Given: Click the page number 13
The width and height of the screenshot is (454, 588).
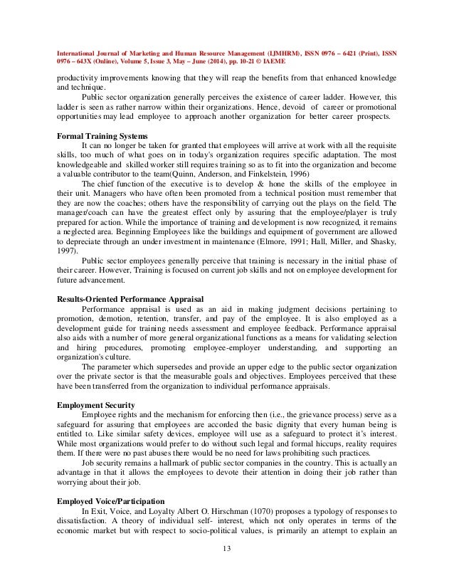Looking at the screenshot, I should (227, 549).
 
